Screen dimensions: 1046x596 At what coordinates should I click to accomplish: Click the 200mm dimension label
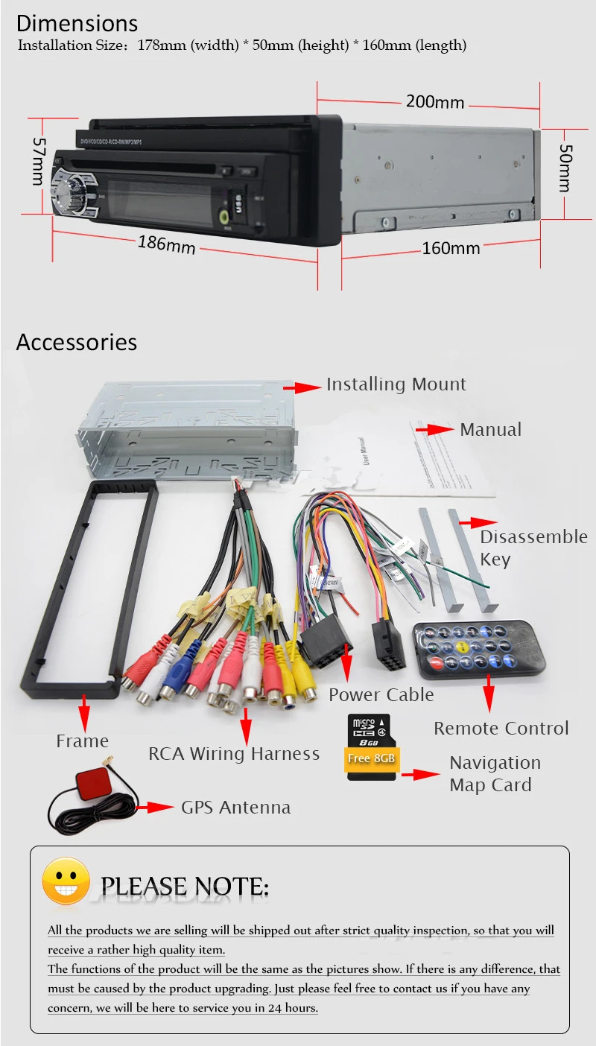[434, 102]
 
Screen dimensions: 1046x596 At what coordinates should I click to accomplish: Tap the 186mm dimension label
[166, 244]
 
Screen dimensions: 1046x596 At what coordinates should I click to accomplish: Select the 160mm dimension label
[451, 248]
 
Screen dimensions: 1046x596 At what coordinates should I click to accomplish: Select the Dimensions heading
[77, 23]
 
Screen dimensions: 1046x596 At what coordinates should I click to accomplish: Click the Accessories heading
[77, 342]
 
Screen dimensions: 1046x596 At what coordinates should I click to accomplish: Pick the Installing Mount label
[396, 384]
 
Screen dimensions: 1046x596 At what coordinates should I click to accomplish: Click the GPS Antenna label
[235, 808]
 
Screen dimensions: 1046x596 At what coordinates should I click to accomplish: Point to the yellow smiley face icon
[66, 882]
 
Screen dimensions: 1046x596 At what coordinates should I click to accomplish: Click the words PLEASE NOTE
[184, 887]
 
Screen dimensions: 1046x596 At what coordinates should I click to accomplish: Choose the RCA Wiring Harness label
[233, 754]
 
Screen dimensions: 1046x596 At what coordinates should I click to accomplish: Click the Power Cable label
[381, 695]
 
